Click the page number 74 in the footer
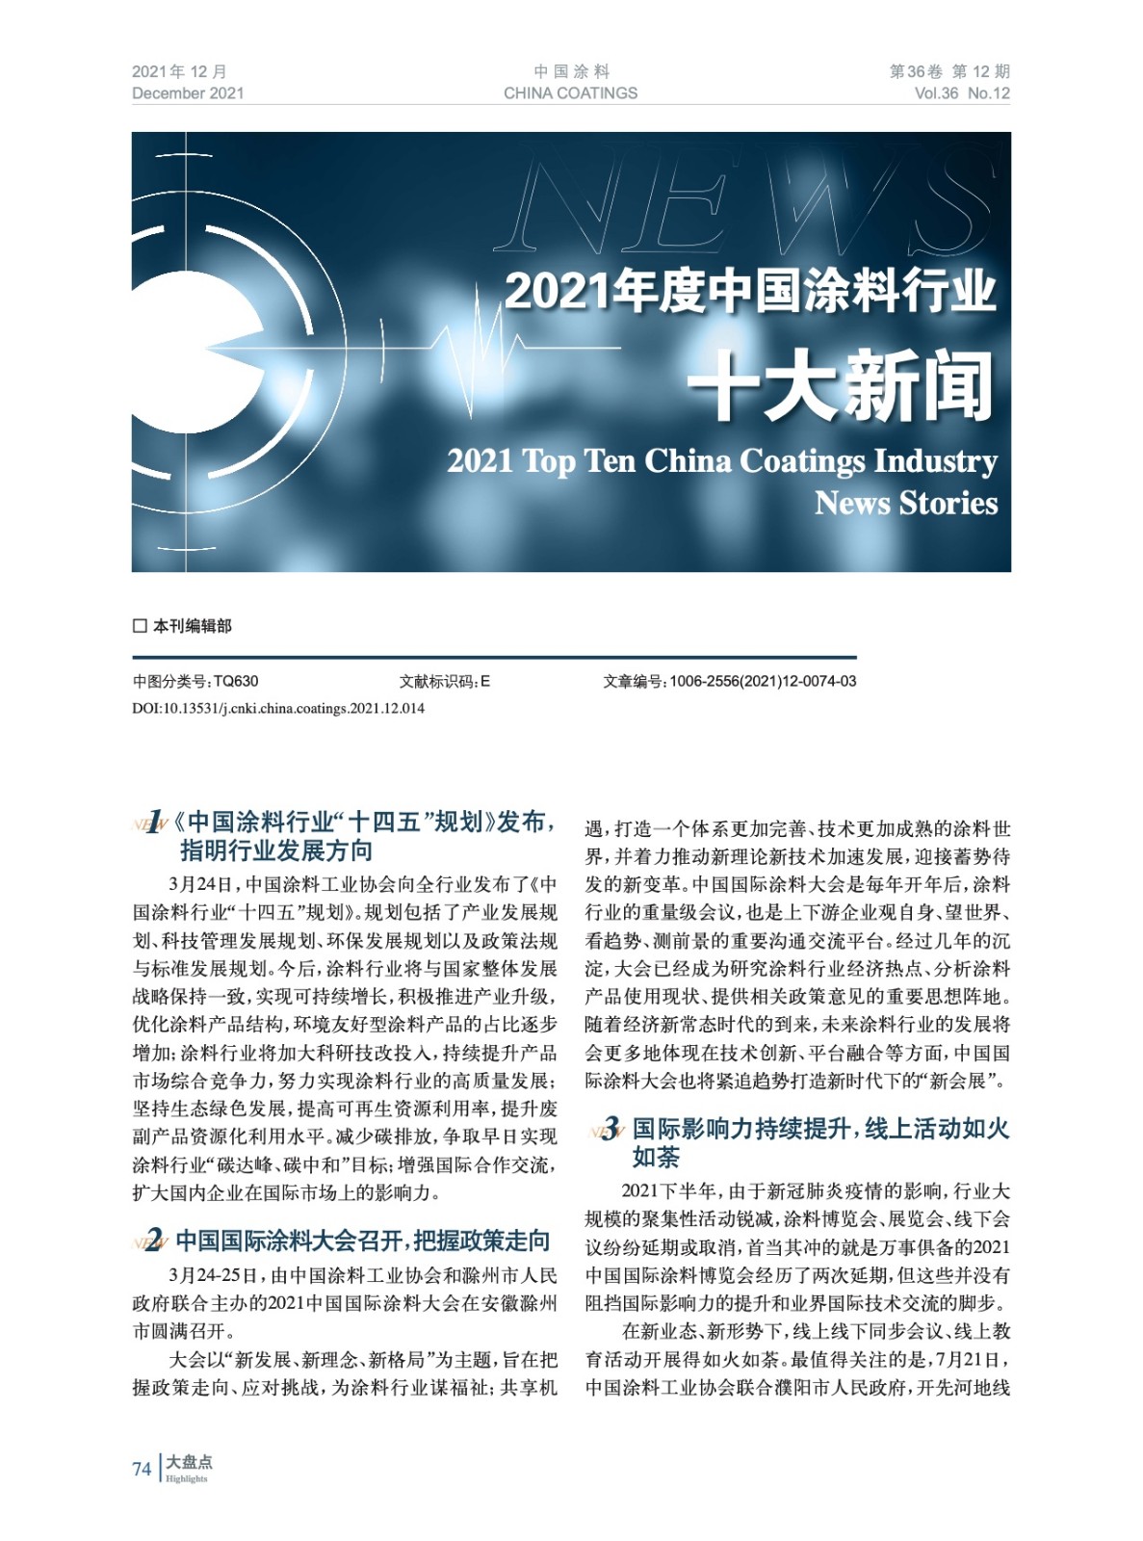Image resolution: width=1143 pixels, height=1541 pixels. tap(142, 1469)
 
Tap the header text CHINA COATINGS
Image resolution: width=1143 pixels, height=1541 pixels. tap(570, 93)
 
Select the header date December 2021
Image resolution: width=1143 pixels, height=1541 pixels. tap(188, 93)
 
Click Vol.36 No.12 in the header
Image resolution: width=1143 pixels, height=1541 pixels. tap(962, 93)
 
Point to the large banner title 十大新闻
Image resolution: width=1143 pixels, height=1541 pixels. tap(839, 386)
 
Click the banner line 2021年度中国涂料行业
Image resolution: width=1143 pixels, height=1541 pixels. tap(749, 290)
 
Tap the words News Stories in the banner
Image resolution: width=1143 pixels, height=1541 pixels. tap(905, 503)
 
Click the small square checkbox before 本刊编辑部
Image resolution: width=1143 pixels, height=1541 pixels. tap(140, 626)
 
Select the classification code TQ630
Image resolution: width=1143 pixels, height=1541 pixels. tap(236, 681)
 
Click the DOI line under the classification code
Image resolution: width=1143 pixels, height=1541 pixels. tap(278, 708)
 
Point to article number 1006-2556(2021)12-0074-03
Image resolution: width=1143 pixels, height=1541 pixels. tap(762, 681)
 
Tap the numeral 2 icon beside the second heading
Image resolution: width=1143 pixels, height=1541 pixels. tap(151, 1241)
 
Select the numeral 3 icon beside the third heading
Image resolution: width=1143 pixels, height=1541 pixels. tap(609, 1130)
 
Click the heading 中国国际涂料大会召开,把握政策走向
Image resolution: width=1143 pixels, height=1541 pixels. tap(363, 1240)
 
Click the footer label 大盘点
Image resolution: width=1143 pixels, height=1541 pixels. tap(189, 1461)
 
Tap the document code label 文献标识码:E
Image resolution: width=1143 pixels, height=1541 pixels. tap(445, 681)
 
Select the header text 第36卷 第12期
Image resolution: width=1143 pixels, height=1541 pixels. tap(948, 71)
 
